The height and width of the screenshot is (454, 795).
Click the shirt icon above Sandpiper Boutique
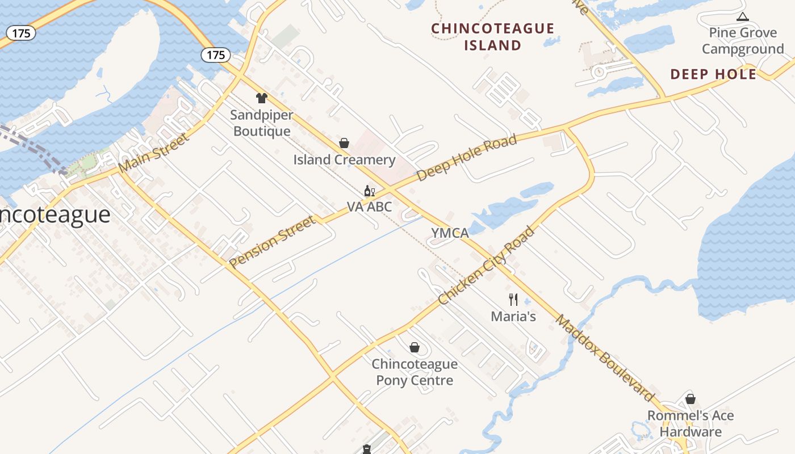click(261, 98)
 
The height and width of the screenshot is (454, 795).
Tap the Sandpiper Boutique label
click(262, 123)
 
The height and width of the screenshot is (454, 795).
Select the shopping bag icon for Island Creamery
click(344, 143)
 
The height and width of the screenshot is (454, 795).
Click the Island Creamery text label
click(344, 160)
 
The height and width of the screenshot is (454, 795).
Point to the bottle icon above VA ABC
click(369, 191)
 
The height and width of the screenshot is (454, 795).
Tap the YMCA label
click(450, 233)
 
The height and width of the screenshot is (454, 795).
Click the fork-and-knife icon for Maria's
click(513, 299)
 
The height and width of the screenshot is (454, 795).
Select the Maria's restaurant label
click(513, 317)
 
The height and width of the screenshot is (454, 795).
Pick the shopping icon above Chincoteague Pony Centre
click(415, 347)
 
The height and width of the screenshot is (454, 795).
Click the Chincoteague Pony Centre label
click(415, 372)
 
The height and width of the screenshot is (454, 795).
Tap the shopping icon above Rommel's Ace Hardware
click(691, 399)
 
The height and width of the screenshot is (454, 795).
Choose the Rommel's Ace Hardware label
click(691, 423)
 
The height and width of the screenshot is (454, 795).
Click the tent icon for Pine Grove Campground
click(742, 17)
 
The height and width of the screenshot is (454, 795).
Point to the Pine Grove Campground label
click(743, 41)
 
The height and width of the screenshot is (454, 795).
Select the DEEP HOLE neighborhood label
click(713, 74)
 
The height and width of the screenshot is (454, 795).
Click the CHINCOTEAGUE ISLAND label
click(492, 37)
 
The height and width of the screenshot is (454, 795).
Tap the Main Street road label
click(153, 153)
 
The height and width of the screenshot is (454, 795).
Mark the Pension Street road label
click(272, 241)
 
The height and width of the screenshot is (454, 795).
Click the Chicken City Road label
click(487, 265)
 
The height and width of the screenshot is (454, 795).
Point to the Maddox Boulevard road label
click(605, 358)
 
